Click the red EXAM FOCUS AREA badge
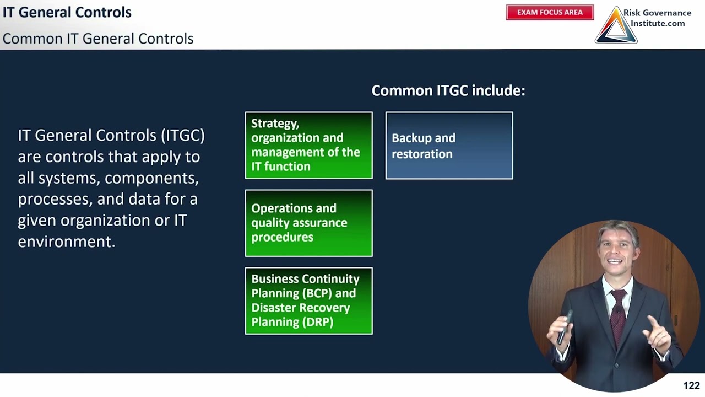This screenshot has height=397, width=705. (x=550, y=12)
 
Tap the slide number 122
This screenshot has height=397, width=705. (x=691, y=385)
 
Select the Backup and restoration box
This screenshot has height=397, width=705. (x=449, y=146)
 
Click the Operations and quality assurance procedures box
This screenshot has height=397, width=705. (x=308, y=223)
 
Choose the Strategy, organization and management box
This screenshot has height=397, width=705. (x=308, y=146)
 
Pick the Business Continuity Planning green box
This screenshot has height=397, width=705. (x=308, y=301)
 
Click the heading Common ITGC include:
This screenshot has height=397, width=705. (x=448, y=90)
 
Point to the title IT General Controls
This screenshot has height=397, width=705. (x=67, y=12)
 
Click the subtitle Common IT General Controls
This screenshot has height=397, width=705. (x=98, y=39)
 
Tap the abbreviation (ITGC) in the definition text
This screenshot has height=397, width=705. (x=183, y=135)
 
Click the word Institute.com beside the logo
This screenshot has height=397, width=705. (x=658, y=23)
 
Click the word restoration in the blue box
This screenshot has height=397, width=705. (x=422, y=154)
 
